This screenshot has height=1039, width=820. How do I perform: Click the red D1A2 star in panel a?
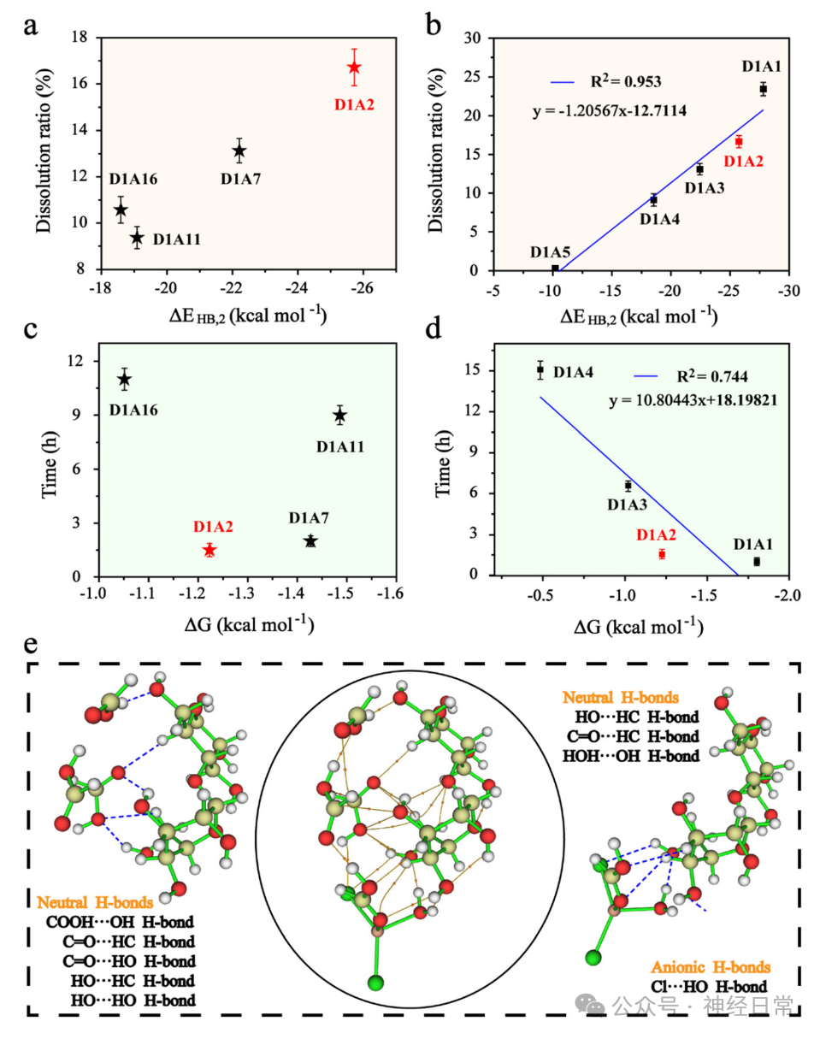tap(354, 68)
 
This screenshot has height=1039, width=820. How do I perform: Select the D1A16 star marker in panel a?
tap(121, 210)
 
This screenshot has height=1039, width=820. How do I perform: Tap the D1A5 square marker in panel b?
tap(555, 269)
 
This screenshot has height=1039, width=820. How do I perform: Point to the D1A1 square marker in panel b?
tap(763, 89)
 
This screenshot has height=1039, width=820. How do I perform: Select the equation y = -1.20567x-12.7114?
tap(610, 111)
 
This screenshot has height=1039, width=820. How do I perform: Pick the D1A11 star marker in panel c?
tap(340, 416)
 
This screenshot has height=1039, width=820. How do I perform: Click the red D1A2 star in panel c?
tap(209, 550)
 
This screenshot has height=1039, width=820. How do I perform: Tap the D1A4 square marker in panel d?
tap(540, 370)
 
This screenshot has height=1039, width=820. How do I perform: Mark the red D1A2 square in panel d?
tap(662, 554)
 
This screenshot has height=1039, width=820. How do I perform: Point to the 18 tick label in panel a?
tap(80, 37)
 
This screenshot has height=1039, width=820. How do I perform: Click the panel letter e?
tap(31, 644)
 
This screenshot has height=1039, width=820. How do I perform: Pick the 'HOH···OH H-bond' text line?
tap(631, 756)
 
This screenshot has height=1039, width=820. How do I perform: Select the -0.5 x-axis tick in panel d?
tap(540, 596)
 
